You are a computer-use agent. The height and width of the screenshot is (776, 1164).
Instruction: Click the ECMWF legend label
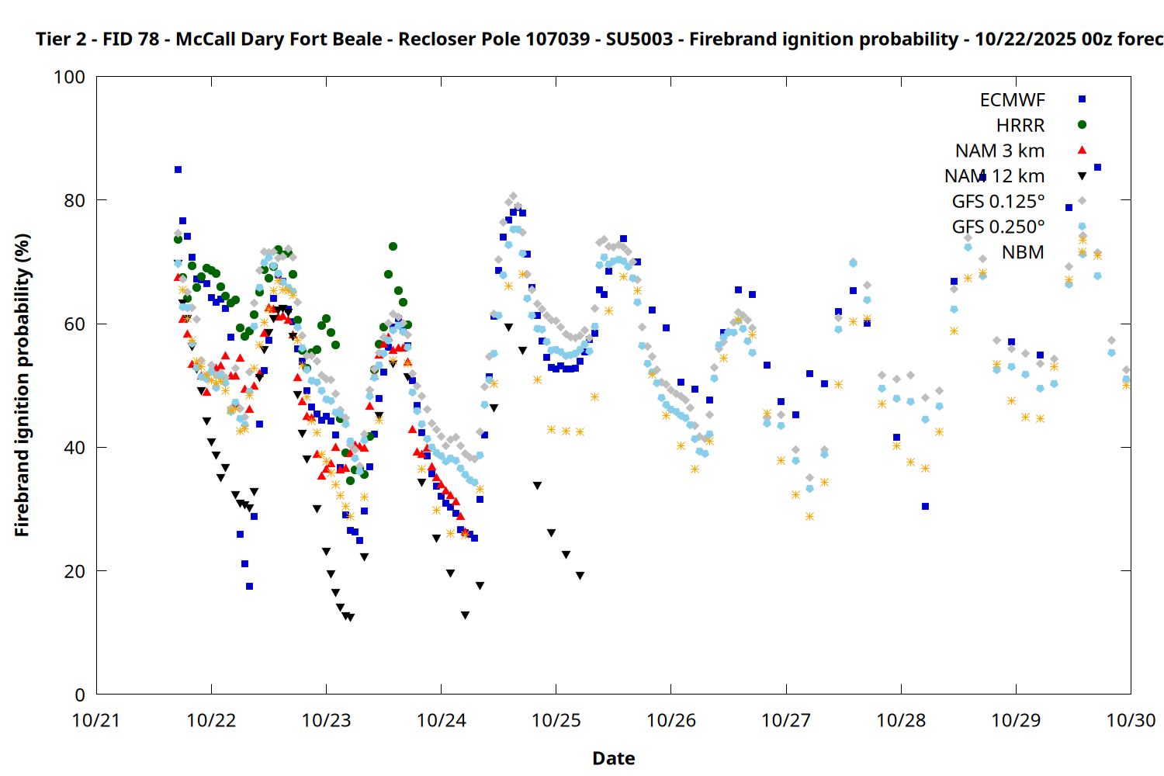pyautogui.click(x=1012, y=100)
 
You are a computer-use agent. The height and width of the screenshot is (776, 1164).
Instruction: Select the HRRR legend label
pyautogui.click(x=1020, y=126)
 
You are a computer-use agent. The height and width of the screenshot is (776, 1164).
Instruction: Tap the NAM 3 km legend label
pyautogui.click(x=999, y=151)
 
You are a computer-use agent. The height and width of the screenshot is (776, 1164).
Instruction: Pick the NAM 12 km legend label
pyautogui.click(x=994, y=176)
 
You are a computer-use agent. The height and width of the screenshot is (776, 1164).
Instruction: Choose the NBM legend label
pyautogui.click(x=1023, y=252)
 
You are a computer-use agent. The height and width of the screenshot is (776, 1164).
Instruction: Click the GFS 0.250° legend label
pyautogui.click(x=998, y=227)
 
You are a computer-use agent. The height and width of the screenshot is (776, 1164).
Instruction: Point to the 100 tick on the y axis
pyautogui.click(x=69, y=77)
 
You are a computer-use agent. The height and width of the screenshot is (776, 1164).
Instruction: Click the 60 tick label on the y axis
pyautogui.click(x=74, y=324)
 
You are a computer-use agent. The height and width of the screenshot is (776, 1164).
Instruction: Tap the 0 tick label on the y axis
pyautogui.click(x=80, y=695)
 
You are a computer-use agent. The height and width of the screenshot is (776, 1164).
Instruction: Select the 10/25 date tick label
pyautogui.click(x=556, y=720)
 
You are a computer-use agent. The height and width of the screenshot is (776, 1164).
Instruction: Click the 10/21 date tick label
pyautogui.click(x=96, y=720)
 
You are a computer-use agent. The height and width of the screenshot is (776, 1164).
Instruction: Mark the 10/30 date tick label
pyautogui.click(x=1131, y=720)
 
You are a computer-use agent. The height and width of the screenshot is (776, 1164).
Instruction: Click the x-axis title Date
pyautogui.click(x=613, y=758)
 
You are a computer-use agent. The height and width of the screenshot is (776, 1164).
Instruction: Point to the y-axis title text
pyautogui.click(x=22, y=386)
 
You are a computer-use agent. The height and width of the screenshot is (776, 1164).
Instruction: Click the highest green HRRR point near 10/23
pyautogui.click(x=393, y=246)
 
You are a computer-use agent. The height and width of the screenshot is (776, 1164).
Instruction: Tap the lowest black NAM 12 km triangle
pyautogui.click(x=351, y=618)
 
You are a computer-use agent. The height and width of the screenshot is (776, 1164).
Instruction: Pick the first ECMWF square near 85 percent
pyautogui.click(x=178, y=169)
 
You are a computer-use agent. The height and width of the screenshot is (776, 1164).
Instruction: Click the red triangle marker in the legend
pyautogui.click(x=1082, y=151)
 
